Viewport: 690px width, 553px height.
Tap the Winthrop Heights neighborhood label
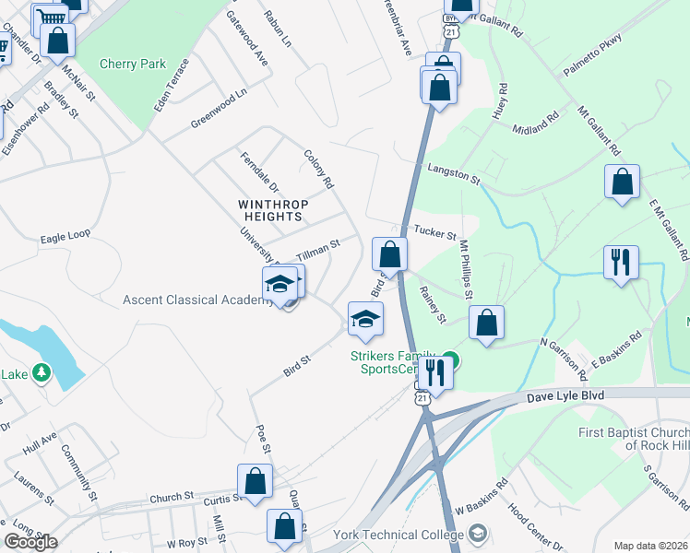pos(271,210)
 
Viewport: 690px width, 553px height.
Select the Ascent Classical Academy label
pos(196,300)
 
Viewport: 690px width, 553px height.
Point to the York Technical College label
pos(406,535)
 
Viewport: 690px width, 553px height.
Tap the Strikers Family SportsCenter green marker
pos(450,359)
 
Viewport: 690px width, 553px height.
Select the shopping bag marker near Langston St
pos(623,182)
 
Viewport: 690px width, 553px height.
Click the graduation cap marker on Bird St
pos(365,319)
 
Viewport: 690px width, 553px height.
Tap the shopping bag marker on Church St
pos(255,480)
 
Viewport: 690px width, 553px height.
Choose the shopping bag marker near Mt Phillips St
pos(486,323)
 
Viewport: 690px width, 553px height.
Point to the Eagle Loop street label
pos(65,236)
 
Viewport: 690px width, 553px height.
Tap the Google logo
pos(30,542)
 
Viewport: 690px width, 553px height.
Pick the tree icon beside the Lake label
pos(41,373)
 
